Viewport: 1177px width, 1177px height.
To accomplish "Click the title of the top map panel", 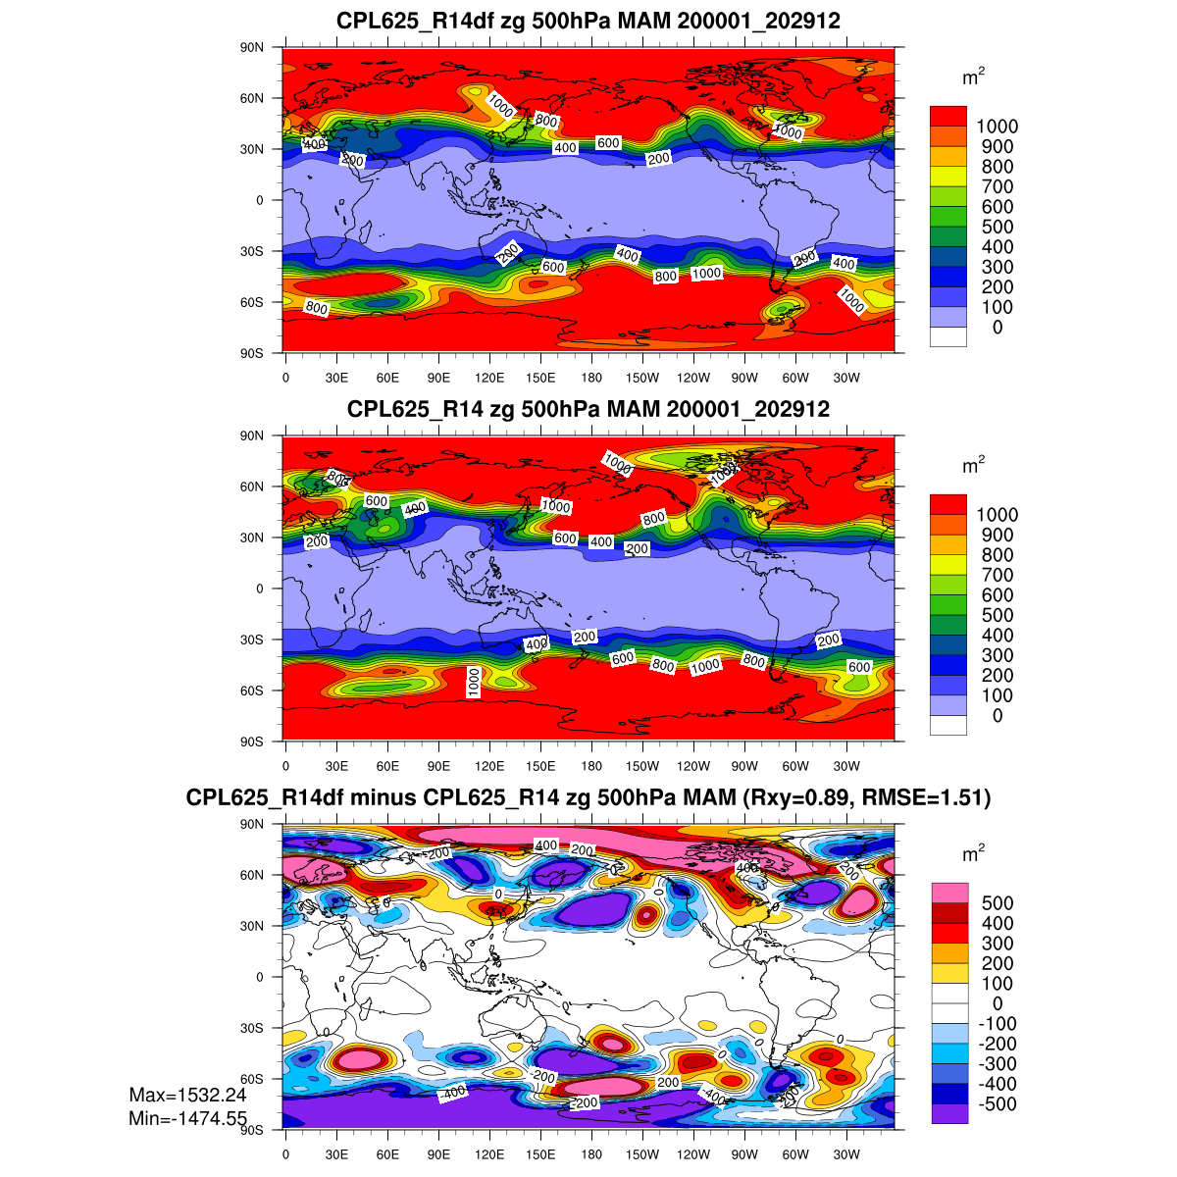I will click(x=588, y=21).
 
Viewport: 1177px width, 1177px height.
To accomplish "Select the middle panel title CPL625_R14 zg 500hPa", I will click(x=588, y=409).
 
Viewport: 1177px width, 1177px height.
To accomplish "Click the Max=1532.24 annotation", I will click(x=187, y=1096).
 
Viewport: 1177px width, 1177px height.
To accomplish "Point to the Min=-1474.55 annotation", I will click(x=187, y=1118).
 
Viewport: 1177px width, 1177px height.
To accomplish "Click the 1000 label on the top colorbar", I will click(x=997, y=127).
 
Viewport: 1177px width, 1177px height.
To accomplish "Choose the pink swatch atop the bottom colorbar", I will click(x=948, y=893).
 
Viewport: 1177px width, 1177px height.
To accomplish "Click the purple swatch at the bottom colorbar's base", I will click(x=948, y=1114).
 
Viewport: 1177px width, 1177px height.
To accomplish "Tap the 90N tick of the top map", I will click(x=253, y=47).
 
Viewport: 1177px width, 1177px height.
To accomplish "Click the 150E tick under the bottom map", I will click(x=540, y=1154).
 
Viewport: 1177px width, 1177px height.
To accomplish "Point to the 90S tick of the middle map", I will click(x=253, y=742).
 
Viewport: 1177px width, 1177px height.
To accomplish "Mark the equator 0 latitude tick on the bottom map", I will click(x=259, y=977).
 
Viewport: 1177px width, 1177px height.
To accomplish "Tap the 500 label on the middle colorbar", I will click(x=997, y=615).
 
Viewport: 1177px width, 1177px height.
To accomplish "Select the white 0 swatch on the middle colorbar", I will click(x=948, y=726).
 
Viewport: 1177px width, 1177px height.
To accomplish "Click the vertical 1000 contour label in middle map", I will click(x=474, y=682).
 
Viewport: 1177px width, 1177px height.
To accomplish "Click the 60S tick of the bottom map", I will click(x=253, y=1079).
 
